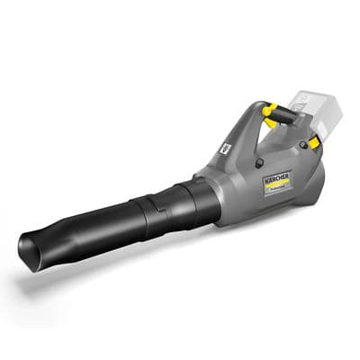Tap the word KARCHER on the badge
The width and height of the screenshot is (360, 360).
point(276,179)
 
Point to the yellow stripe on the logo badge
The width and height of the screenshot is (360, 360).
point(279,185)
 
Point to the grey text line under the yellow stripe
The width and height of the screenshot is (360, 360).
point(282,192)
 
